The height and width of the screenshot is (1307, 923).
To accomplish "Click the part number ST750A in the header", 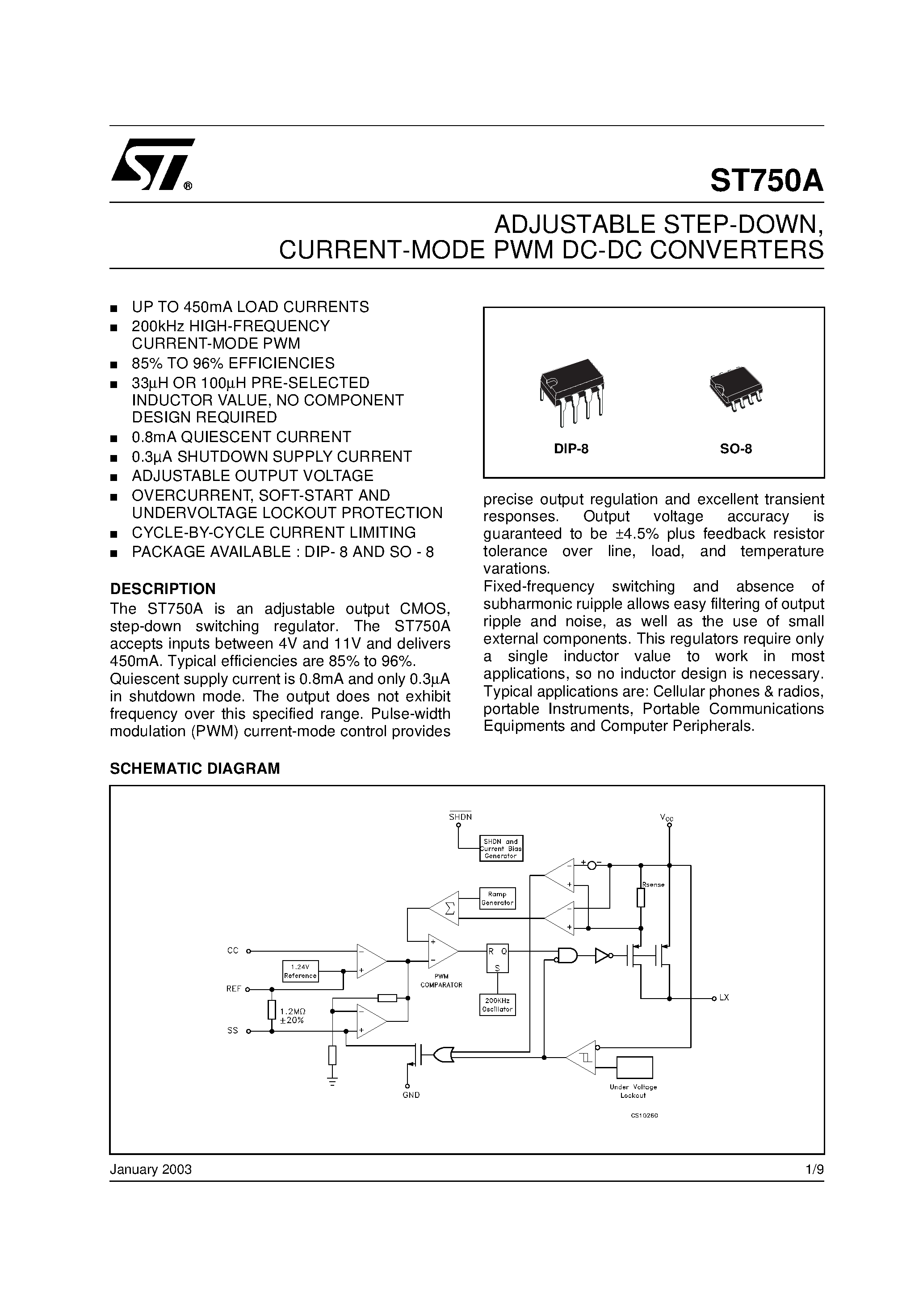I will coord(766,181).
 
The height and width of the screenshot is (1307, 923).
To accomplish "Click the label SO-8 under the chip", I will coord(736,449).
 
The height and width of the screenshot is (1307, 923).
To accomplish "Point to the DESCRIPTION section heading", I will coord(163,589).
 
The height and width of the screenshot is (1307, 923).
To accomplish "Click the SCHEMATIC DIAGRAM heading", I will coord(195,768).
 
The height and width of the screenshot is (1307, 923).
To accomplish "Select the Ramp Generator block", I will coord(497,898).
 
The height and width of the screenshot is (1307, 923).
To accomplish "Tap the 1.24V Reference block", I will coord(300,971).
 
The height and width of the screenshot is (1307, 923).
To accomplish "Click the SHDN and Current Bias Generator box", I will coord(501,849).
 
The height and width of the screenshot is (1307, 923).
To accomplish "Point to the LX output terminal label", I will coord(724,998).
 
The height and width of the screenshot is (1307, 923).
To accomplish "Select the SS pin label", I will coord(233,1031).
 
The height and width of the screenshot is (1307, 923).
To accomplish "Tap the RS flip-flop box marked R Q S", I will coord(497,959).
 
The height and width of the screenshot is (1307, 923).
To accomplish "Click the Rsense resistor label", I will coord(653,885).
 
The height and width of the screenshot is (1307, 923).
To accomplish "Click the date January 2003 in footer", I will coord(151,1170).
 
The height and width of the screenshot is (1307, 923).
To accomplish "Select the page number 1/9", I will coord(814,1170).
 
